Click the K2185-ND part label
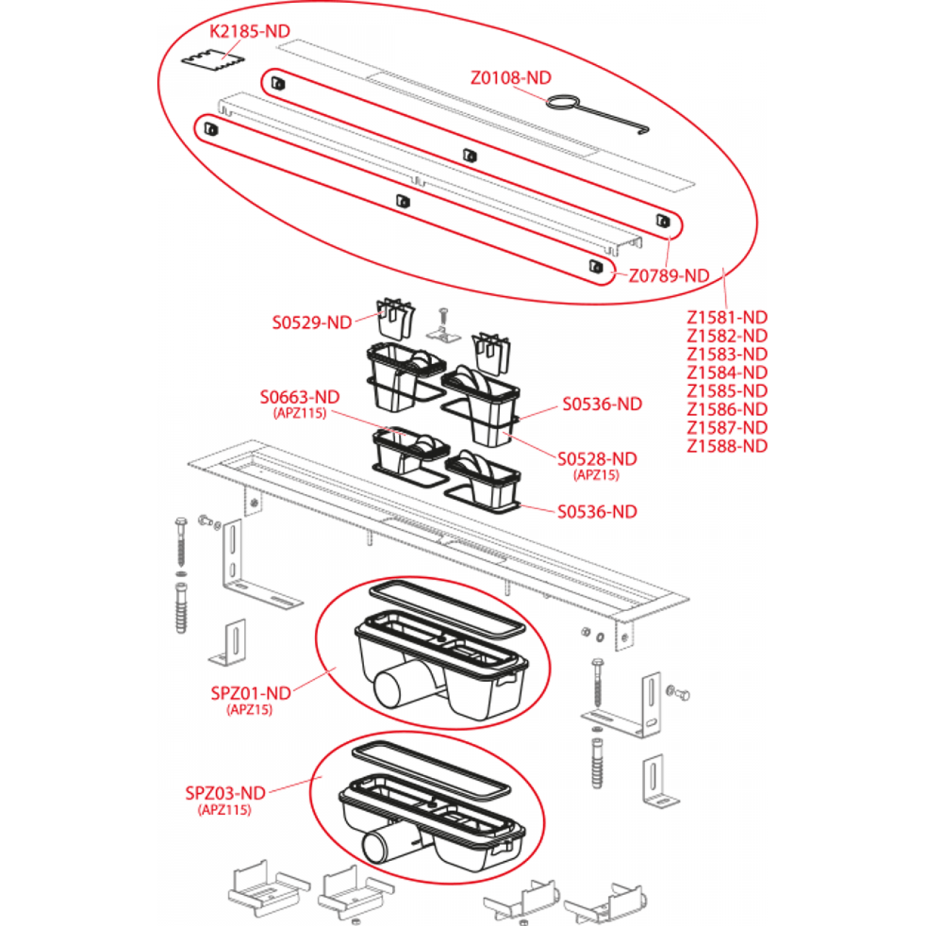249,31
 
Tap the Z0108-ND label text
511,78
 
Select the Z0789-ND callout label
669,275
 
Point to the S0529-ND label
312,322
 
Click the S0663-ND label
299,397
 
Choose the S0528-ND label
597,459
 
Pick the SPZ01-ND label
251,693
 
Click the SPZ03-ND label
225,793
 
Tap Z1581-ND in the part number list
727,317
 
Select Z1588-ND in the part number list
727,446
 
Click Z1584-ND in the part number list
727,373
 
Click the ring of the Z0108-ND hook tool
562,102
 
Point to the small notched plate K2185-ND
213,60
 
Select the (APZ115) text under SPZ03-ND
225,810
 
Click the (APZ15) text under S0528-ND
596,475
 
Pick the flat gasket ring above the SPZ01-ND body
447,608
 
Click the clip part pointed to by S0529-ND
395,319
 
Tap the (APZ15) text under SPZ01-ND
249,710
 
